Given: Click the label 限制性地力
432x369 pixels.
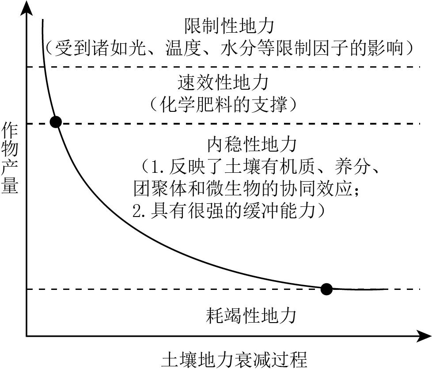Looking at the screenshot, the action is click(229, 26).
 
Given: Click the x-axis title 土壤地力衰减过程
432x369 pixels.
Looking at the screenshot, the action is click(235, 358).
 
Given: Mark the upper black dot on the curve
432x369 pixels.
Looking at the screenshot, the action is click(56, 122).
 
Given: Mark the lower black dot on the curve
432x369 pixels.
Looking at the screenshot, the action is click(326, 289).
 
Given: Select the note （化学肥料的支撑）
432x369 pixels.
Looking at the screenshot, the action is click(223, 104).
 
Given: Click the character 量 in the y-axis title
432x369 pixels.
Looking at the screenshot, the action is click(10, 186).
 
